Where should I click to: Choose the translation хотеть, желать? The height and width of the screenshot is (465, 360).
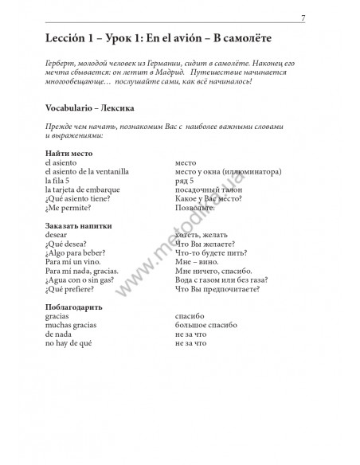205,236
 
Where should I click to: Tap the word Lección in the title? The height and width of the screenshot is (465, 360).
68,38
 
